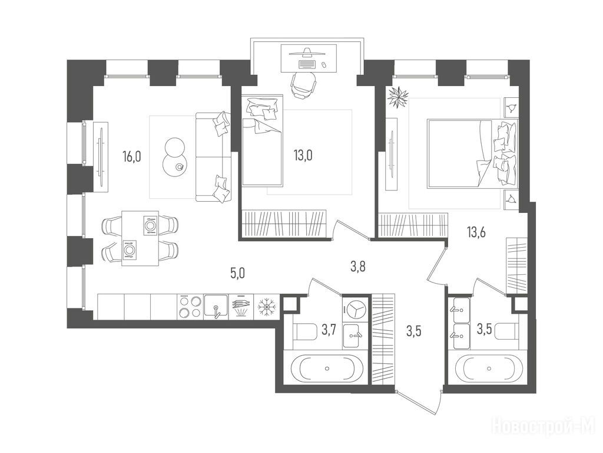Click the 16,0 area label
pyautogui.click(x=132, y=156)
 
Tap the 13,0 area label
pyautogui.click(x=303, y=155)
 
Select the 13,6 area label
pyautogui.click(x=476, y=232)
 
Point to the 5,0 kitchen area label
pyautogui.click(x=237, y=273)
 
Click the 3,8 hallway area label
pyautogui.click(x=357, y=266)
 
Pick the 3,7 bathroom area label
pyautogui.click(x=329, y=330)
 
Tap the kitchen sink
pyautogui.click(x=216, y=307)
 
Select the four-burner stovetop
pyautogui.click(x=190, y=307)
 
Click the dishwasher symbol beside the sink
pyautogui.click(x=241, y=307)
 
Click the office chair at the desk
pyautogui.click(x=303, y=85)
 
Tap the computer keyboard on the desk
pyautogui.click(x=306, y=64)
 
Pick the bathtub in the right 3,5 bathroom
pyautogui.click(x=489, y=368)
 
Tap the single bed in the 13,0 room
pyautogui.click(x=262, y=141)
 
